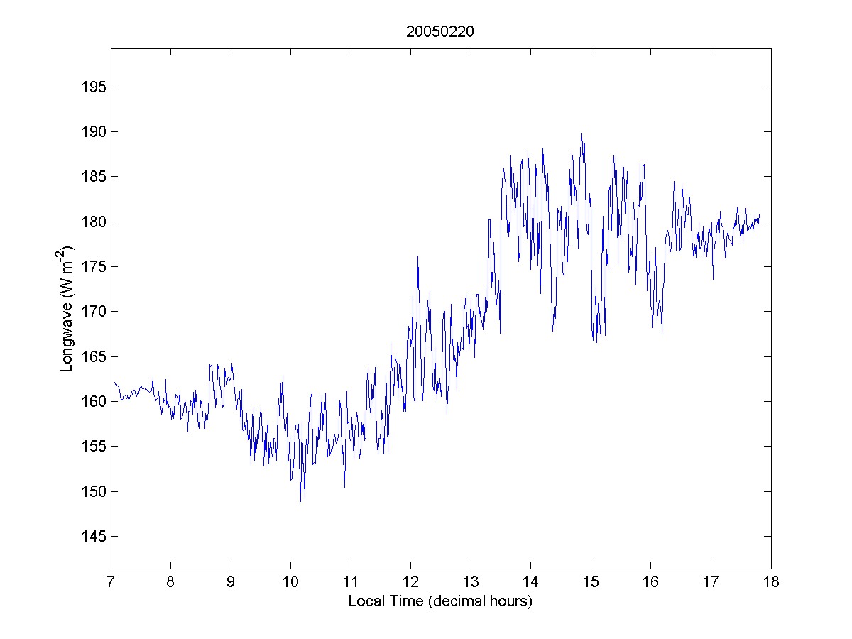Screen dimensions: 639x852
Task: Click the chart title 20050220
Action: tap(440, 31)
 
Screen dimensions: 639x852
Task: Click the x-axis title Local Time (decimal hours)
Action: tap(440, 601)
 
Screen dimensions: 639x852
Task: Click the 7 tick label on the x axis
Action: tap(111, 583)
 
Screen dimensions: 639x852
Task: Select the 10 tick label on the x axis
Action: tap(290, 583)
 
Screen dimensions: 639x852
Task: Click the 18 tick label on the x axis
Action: tap(770, 583)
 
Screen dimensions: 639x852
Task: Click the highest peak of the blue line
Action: tap(581, 134)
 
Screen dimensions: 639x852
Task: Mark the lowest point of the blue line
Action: tap(300, 501)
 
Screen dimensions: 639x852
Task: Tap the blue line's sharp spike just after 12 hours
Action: tap(417, 256)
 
